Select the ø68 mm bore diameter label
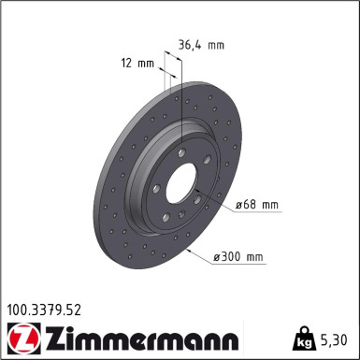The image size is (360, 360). pyautogui.click(x=257, y=203)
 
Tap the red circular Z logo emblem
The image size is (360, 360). pyautogui.click(x=21, y=336)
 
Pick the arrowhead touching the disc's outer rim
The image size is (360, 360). pyautogui.click(x=192, y=251)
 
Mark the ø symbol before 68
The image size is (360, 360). pyautogui.click(x=238, y=203)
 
